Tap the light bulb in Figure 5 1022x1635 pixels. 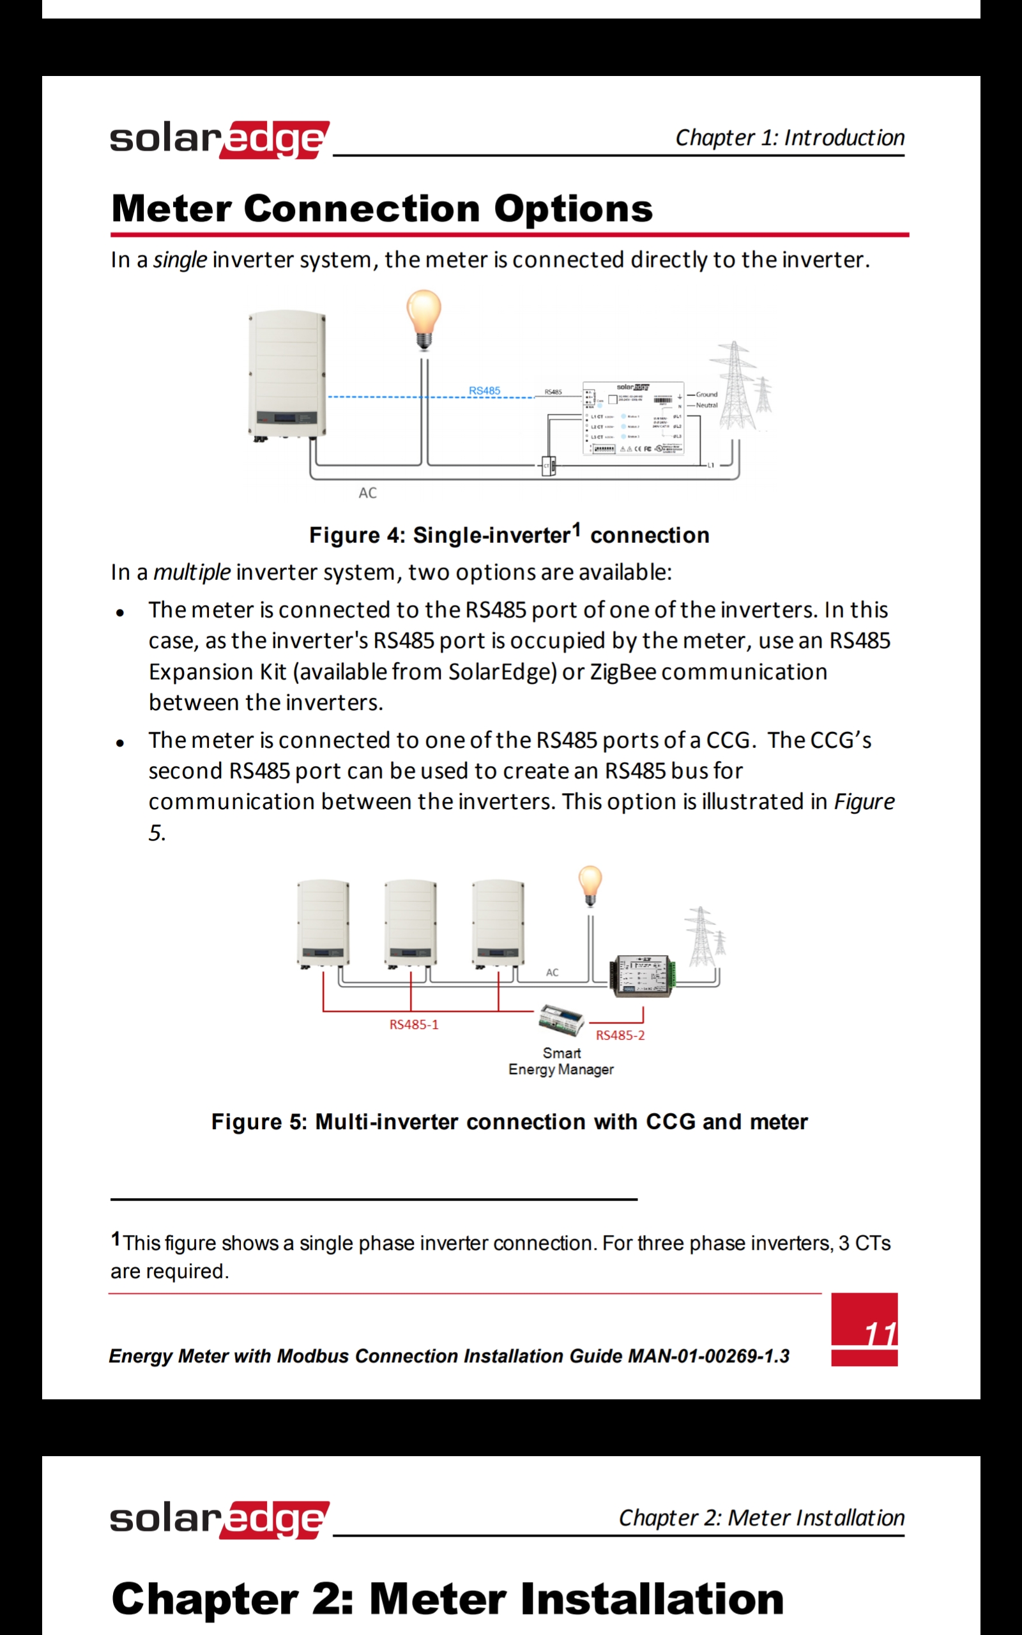click(x=590, y=885)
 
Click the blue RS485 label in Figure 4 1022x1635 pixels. click(x=485, y=390)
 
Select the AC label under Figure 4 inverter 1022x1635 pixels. click(x=368, y=493)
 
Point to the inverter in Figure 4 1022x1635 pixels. click(x=287, y=375)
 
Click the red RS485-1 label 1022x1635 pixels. click(x=414, y=1025)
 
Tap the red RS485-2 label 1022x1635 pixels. click(x=620, y=1036)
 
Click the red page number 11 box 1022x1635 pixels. click(x=864, y=1330)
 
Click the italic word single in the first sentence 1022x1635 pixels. click(x=179, y=260)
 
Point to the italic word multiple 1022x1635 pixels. click(x=192, y=572)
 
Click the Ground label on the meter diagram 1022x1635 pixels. click(x=706, y=394)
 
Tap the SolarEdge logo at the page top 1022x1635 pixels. click(x=220, y=139)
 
